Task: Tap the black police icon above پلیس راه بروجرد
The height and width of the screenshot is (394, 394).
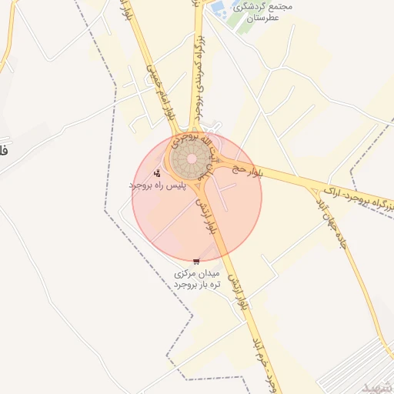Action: (158, 173)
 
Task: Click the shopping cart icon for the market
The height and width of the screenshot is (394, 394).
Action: (197, 262)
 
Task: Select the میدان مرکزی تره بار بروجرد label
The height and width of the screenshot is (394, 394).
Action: (197, 279)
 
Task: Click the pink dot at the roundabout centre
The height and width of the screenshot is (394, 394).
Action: (191, 159)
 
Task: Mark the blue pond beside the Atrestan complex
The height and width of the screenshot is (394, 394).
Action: (219, 9)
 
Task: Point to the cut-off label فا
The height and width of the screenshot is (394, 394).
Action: (4, 149)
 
